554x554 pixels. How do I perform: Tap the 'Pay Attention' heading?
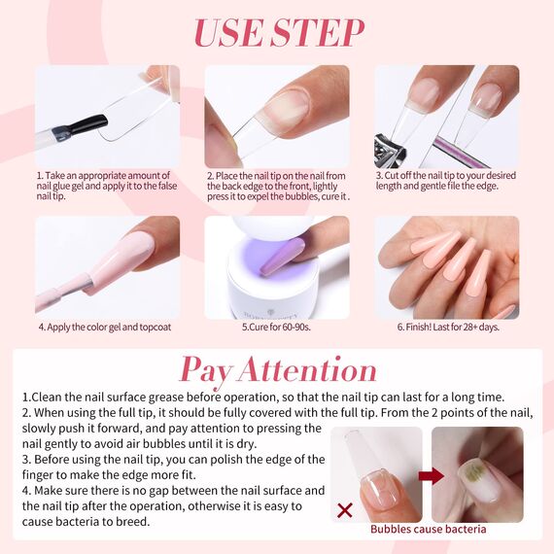coord(278,369)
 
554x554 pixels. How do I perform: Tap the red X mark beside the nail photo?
coord(344,508)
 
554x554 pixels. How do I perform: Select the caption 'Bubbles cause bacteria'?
coord(428,530)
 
